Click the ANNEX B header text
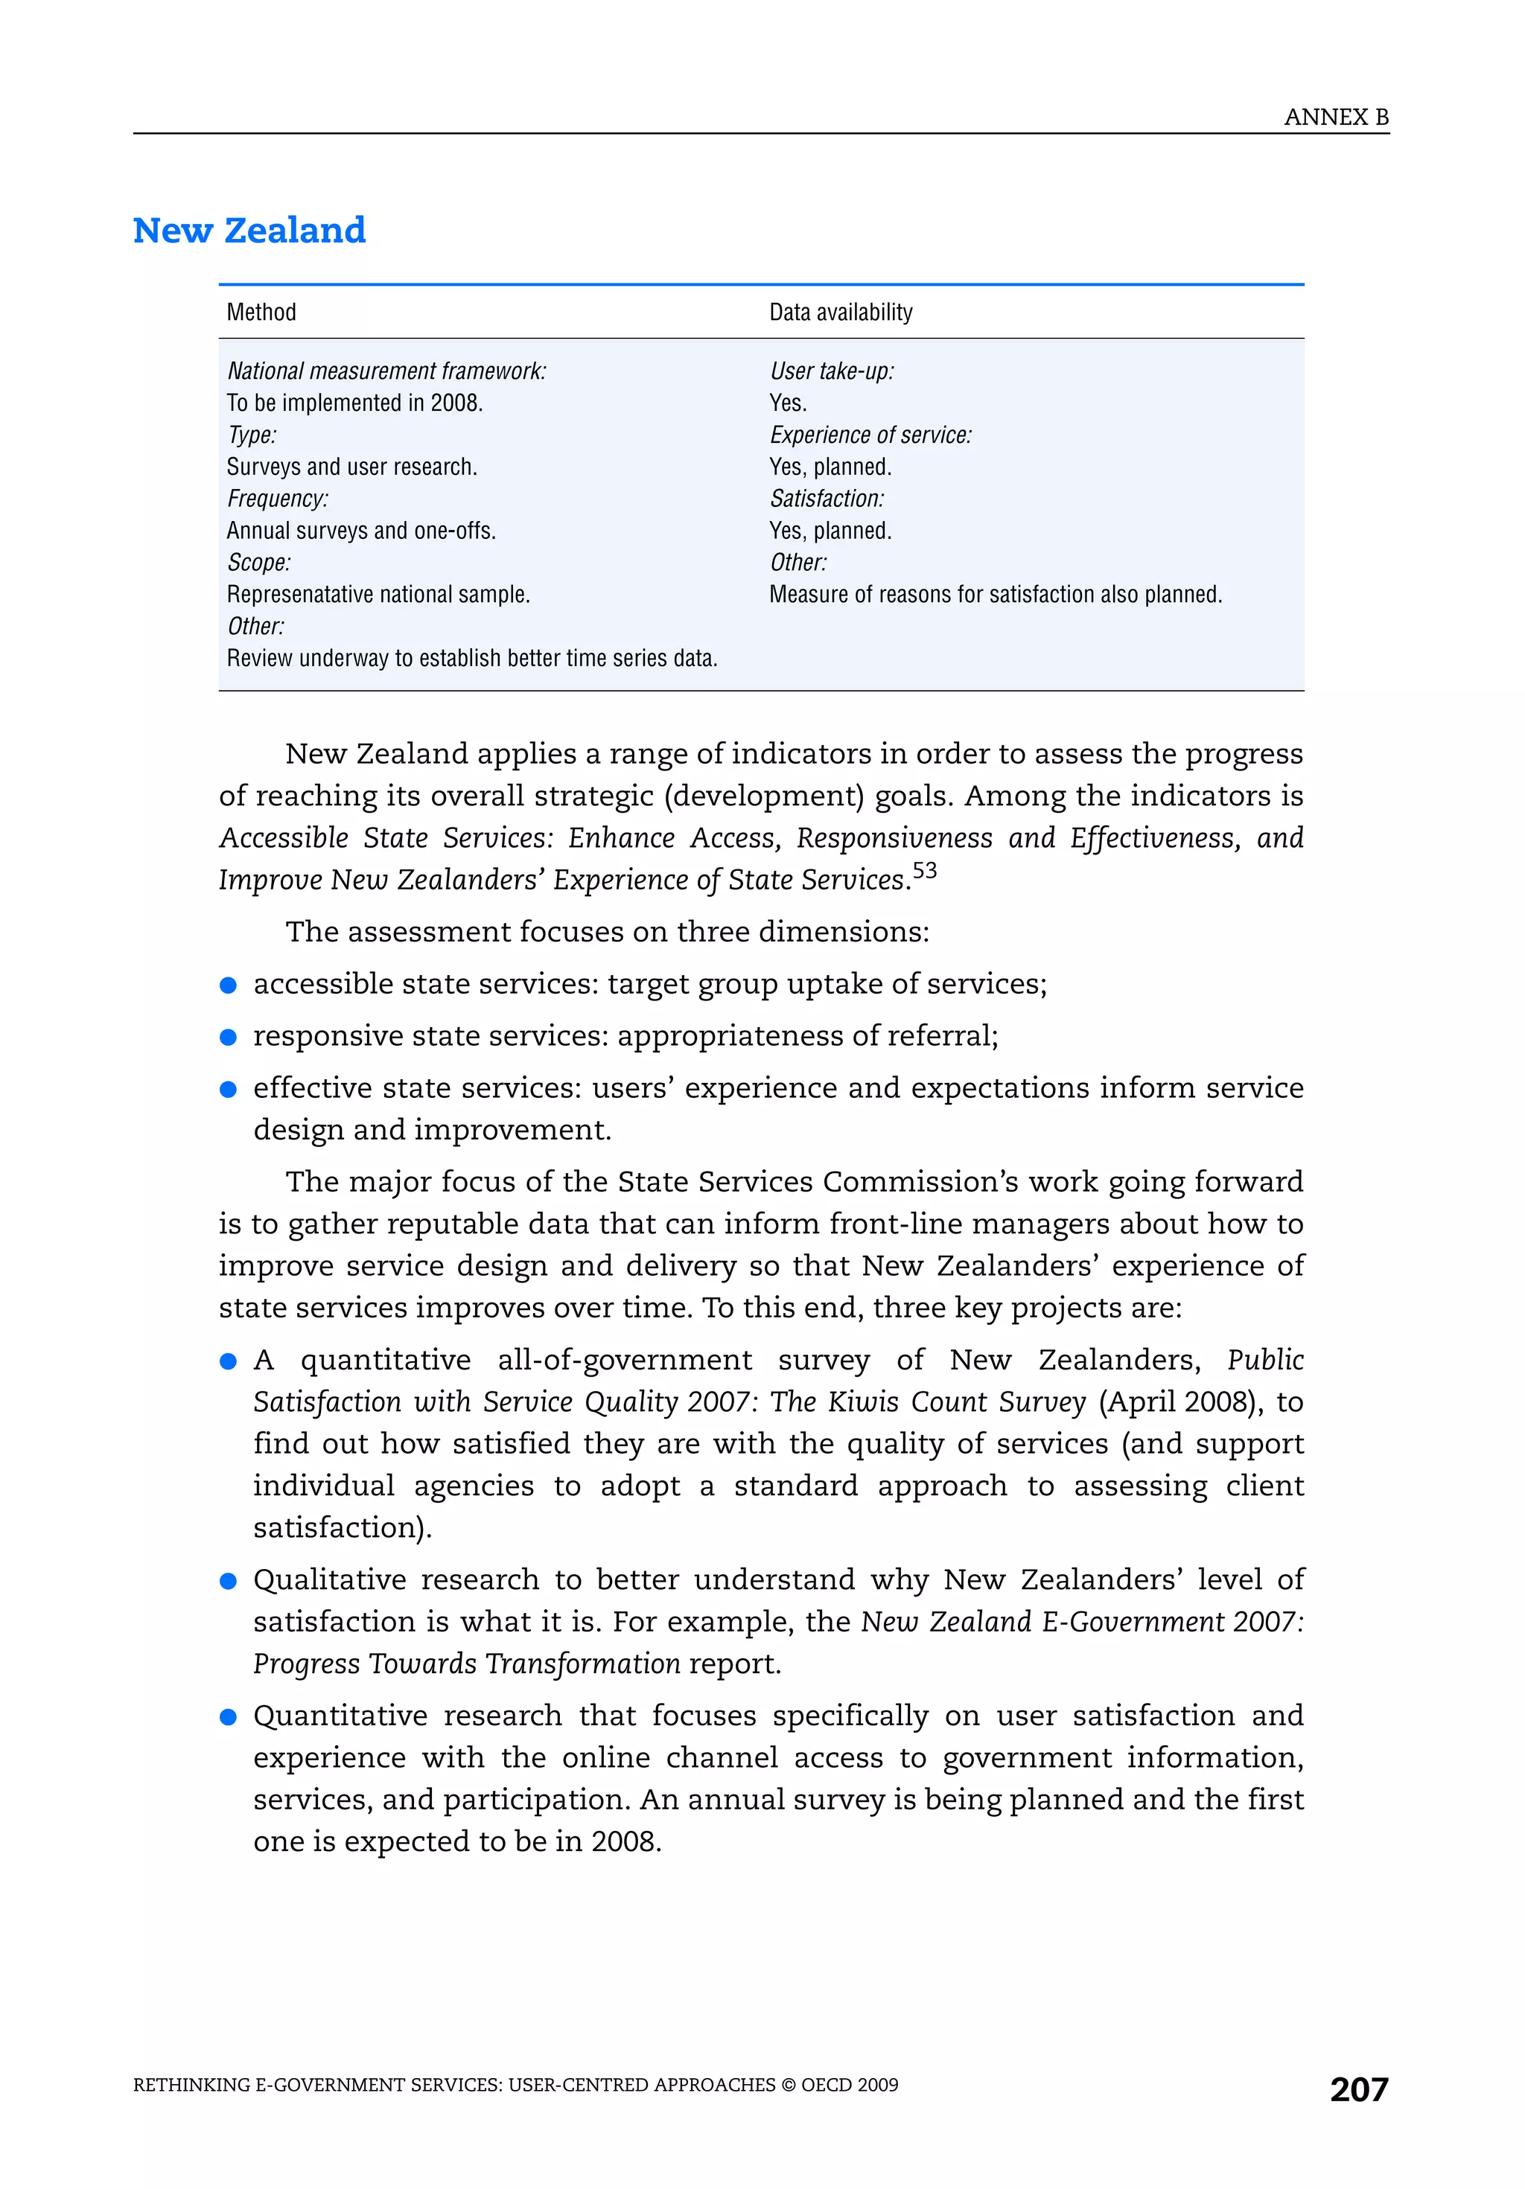point(1335,118)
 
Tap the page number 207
point(1358,2089)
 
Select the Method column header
point(261,313)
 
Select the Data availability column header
point(840,313)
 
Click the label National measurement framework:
point(386,371)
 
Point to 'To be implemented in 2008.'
point(354,403)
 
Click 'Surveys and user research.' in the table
point(352,467)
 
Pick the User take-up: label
point(832,371)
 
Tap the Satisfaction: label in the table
point(827,499)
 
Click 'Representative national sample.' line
point(378,595)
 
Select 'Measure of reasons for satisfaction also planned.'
point(995,595)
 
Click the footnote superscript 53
point(924,870)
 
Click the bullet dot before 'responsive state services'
point(228,1038)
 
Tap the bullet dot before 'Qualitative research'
point(228,1581)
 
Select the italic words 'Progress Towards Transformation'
point(466,1664)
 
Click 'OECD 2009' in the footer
point(850,2085)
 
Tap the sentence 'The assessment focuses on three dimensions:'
point(607,931)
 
